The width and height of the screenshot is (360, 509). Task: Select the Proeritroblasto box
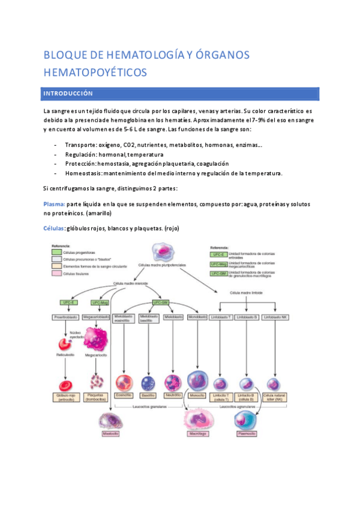[65, 316]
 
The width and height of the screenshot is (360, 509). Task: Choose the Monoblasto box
[197, 316]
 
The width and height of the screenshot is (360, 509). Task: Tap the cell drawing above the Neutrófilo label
[173, 382]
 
